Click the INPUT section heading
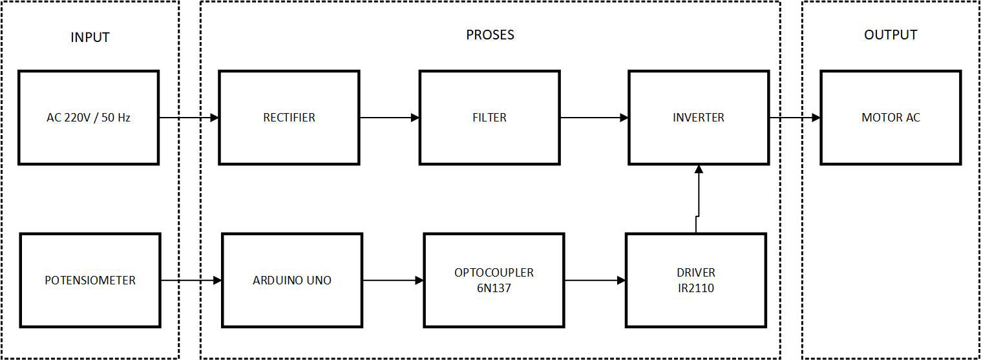(90, 37)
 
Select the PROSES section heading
(490, 35)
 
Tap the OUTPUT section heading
(891, 35)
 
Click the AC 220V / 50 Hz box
(89, 118)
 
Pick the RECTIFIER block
(289, 118)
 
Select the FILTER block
(489, 118)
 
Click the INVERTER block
(699, 118)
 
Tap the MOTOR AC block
(891, 118)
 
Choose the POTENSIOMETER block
(90, 281)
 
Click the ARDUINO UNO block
(292, 281)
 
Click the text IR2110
(696, 288)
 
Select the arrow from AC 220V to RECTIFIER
(189, 118)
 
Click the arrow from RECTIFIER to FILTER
(389, 118)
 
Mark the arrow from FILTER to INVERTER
(594, 118)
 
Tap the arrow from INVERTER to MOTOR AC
(795, 118)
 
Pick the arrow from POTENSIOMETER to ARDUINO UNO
(191, 281)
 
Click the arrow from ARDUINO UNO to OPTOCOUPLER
(393, 281)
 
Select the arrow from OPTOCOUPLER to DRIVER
(595, 281)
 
